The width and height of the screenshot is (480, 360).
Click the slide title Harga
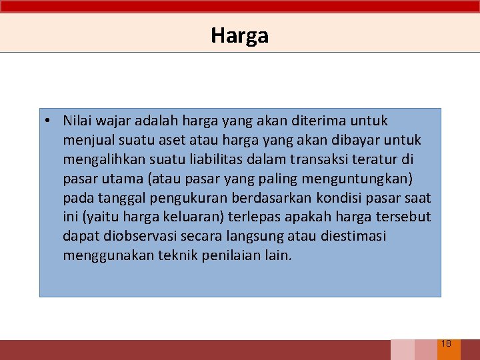coord(239,35)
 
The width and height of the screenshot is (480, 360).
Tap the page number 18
coord(446,344)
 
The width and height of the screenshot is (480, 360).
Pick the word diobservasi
coord(133,236)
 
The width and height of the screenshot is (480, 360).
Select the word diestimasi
coord(353,236)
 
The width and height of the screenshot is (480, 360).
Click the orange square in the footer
coord(449,350)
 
